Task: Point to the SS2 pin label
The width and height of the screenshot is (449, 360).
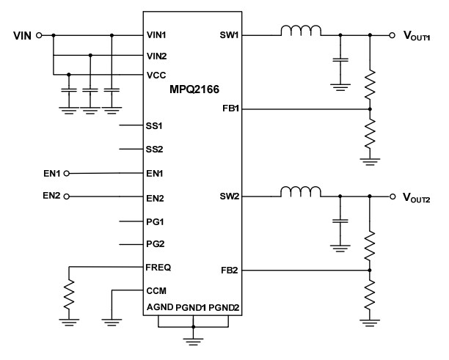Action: click(x=154, y=149)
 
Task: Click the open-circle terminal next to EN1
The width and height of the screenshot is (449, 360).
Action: click(x=67, y=174)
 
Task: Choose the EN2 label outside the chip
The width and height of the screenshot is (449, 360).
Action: click(x=51, y=196)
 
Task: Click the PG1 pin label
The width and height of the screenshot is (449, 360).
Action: click(x=154, y=220)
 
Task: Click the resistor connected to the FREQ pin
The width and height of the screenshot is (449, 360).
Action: click(x=68, y=295)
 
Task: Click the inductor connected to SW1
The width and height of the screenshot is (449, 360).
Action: click(x=299, y=32)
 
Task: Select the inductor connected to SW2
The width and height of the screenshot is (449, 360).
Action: click(x=299, y=193)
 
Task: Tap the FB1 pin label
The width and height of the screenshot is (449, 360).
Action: click(x=229, y=109)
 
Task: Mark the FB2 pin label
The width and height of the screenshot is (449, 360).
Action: click(x=229, y=271)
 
